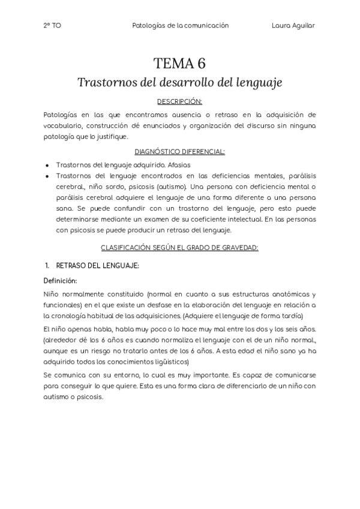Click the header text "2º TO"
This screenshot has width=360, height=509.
(52, 26)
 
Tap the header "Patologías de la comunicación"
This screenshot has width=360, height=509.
(180, 26)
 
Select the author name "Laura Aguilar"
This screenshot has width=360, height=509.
(293, 26)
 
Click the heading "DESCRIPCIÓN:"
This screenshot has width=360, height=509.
(180, 101)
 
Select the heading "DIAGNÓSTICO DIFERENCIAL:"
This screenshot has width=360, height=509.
(180, 151)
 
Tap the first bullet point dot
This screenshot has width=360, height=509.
(47, 164)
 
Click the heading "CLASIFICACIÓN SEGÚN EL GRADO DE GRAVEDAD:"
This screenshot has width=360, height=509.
(180, 247)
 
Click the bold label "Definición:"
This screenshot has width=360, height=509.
(60, 280)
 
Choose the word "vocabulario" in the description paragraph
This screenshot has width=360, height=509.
(64, 125)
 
